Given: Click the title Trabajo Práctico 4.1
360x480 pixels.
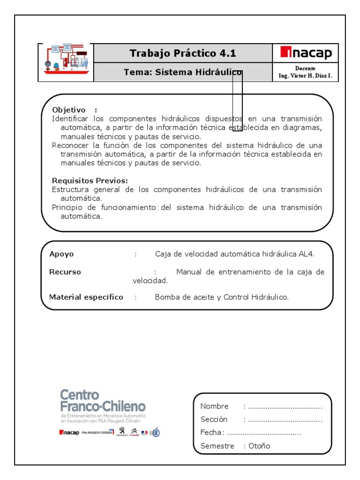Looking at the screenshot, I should pyautogui.click(x=183, y=53).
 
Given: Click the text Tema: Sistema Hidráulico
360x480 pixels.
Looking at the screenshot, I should pyautogui.click(x=183, y=72).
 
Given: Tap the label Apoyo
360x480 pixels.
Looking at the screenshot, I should pyautogui.click(x=61, y=254).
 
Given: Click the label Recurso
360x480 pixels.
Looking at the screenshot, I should pyautogui.click(x=65, y=272).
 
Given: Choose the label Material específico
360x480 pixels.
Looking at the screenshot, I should pyautogui.click(x=86, y=297).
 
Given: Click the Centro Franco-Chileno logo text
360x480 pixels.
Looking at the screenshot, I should pyautogui.click(x=103, y=399).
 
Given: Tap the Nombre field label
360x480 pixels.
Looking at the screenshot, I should pyautogui.click(x=215, y=406).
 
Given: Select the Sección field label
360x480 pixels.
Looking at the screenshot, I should pyautogui.click(x=214, y=420).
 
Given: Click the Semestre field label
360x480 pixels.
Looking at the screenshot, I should pyautogui.click(x=217, y=446).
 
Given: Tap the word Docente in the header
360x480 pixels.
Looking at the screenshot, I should pyautogui.click(x=305, y=68).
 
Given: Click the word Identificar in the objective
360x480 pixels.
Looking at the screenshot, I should pyautogui.click(x=71, y=119).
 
